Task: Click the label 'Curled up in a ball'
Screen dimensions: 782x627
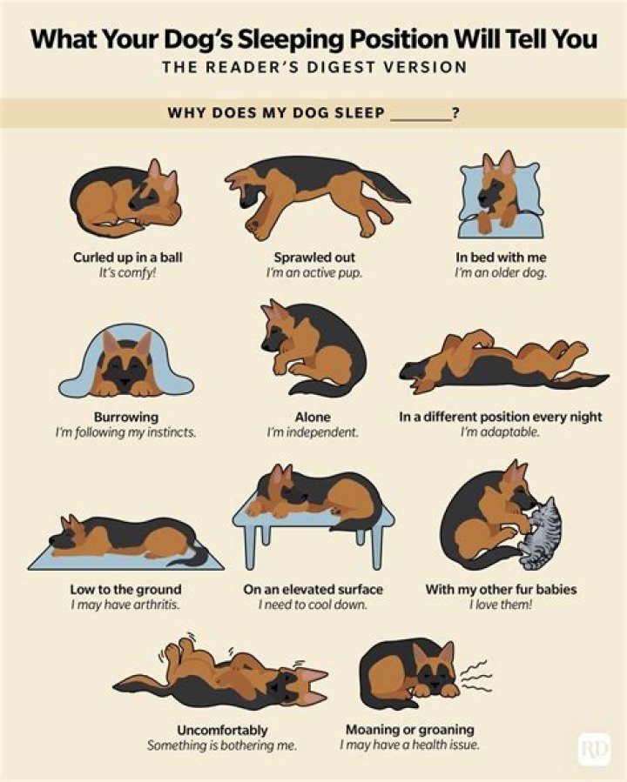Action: pos(127,257)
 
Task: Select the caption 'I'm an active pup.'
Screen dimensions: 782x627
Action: pos(313,273)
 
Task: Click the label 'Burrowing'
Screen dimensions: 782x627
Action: pos(125,417)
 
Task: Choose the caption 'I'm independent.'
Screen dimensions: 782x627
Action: pos(313,432)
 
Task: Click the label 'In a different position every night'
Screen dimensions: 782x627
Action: pos(500,417)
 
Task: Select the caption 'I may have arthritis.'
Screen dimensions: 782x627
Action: pos(125,605)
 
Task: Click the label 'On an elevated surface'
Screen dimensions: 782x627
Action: pos(313,589)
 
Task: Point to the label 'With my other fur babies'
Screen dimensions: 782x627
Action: pos(500,589)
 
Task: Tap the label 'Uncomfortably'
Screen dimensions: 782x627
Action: pos(222,730)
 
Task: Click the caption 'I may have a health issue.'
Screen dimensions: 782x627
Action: pos(409,745)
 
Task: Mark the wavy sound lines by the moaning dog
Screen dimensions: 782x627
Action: pos(474,673)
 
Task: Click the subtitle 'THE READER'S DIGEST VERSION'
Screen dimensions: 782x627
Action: pos(313,68)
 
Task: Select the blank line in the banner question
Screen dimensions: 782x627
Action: pos(421,113)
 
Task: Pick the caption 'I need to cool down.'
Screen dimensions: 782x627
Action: pos(313,605)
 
